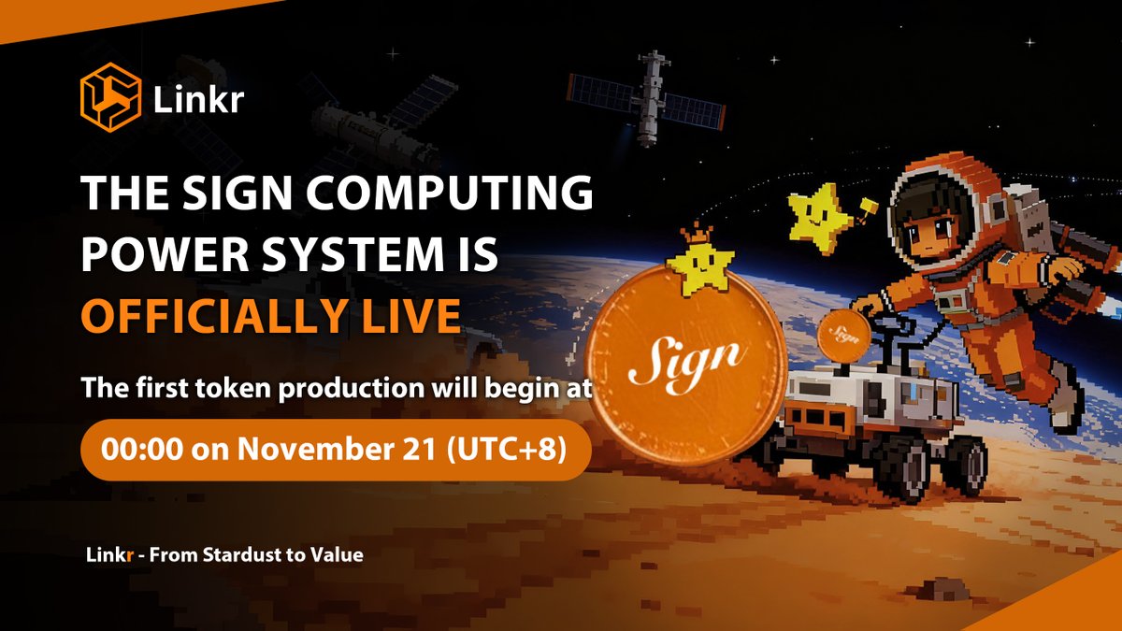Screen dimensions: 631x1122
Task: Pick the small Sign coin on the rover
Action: coord(844,334)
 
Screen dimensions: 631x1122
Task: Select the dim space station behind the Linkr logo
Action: coord(374,122)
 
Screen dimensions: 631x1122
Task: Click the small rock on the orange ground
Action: coord(935,588)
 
